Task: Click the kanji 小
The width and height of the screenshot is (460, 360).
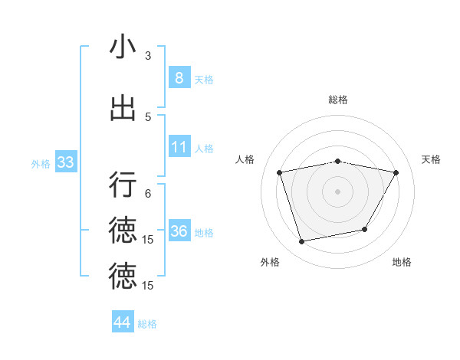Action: click(123, 47)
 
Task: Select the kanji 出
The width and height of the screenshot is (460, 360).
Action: click(123, 109)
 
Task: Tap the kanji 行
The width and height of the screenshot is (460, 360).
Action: click(123, 185)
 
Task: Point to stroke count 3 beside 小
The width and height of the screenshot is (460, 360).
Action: click(148, 56)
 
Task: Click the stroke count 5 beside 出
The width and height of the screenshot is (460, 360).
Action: click(148, 117)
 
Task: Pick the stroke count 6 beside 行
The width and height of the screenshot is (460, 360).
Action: click(148, 194)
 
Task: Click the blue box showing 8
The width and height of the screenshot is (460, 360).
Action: click(179, 77)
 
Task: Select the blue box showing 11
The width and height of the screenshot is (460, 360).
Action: click(179, 146)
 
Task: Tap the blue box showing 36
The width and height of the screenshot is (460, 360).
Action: click(179, 231)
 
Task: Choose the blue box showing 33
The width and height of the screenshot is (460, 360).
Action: click(65, 162)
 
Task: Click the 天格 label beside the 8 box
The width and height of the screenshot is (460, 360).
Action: click(204, 79)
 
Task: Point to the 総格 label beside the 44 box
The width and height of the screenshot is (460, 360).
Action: click(148, 324)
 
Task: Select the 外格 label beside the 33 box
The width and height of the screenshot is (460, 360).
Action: click(40, 164)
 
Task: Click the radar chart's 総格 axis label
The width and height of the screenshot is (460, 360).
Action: click(338, 100)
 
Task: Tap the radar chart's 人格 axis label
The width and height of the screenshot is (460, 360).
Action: click(245, 159)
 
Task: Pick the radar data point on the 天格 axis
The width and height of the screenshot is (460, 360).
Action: click(396, 172)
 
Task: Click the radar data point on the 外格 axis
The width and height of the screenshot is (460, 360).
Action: click(302, 241)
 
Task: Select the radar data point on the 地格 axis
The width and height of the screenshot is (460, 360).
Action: click(365, 229)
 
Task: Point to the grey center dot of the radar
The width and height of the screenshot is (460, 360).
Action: click(338, 191)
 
